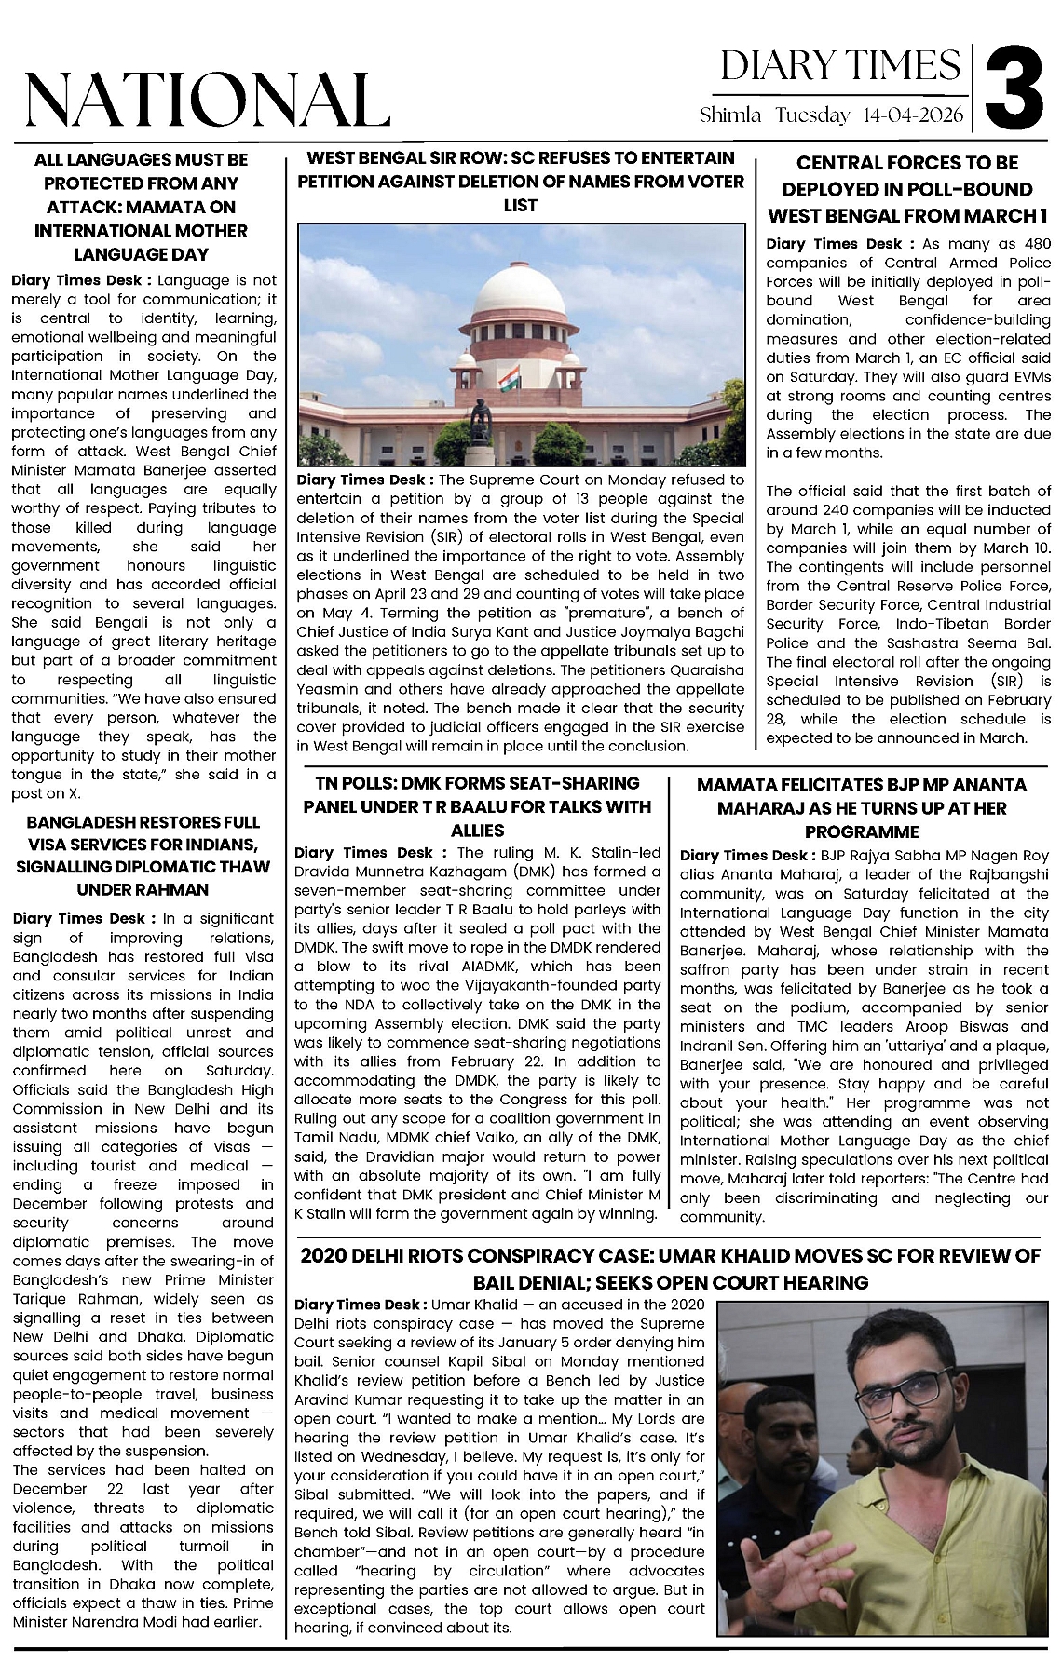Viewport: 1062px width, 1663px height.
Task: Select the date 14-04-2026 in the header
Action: (914, 115)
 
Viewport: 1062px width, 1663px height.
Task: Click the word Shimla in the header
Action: (731, 115)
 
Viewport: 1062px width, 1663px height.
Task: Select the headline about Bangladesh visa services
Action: (143, 856)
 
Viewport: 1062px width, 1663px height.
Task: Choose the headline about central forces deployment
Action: (907, 189)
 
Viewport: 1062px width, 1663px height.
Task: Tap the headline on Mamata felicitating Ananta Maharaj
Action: (862, 808)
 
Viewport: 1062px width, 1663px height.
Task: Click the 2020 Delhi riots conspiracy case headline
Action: (669, 1269)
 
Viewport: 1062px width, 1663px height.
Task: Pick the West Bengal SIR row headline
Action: (520, 181)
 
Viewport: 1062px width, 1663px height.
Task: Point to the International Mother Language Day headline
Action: (141, 207)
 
